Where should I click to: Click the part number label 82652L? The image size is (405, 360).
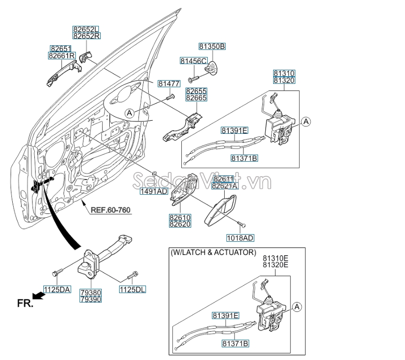tap(86, 29)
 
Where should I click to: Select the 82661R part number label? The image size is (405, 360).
tap(62, 56)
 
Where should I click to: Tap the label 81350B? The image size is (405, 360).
tap(212, 47)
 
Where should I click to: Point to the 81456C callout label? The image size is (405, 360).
tap(193, 61)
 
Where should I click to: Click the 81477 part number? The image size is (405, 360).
tap(169, 83)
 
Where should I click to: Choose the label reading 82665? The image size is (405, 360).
tap(196, 98)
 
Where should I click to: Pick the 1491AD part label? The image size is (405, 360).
tap(154, 192)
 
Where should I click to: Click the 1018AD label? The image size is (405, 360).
tap(240, 238)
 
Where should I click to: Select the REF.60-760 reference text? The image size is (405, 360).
tap(111, 210)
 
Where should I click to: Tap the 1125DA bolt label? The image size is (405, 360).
tap(57, 289)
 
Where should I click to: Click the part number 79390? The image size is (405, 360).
tap(90, 299)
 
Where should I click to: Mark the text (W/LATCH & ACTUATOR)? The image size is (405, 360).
tap(213, 253)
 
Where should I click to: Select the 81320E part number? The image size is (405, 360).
tap(275, 265)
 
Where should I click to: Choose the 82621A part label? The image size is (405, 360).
tap(224, 186)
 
